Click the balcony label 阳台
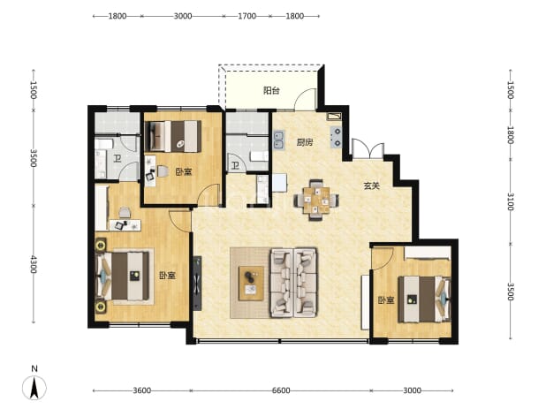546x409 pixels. (271, 91)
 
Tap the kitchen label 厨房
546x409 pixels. (305, 142)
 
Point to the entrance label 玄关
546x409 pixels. (372, 186)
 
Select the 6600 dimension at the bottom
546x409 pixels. (281, 390)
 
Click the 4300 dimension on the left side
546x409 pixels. (34, 264)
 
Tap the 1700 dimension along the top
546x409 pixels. (246, 16)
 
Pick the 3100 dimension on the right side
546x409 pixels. (510, 201)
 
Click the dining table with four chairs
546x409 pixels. (316, 200)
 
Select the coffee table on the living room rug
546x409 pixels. (251, 283)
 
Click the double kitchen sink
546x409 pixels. (278, 140)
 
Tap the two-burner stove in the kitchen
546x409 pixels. (336, 137)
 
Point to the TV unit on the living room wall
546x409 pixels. (197, 283)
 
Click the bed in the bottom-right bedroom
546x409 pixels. (424, 299)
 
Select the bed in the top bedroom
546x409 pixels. (173, 136)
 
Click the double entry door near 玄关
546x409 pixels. (368, 149)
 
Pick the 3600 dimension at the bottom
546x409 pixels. (142, 390)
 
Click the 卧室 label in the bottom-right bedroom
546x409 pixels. (386, 300)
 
